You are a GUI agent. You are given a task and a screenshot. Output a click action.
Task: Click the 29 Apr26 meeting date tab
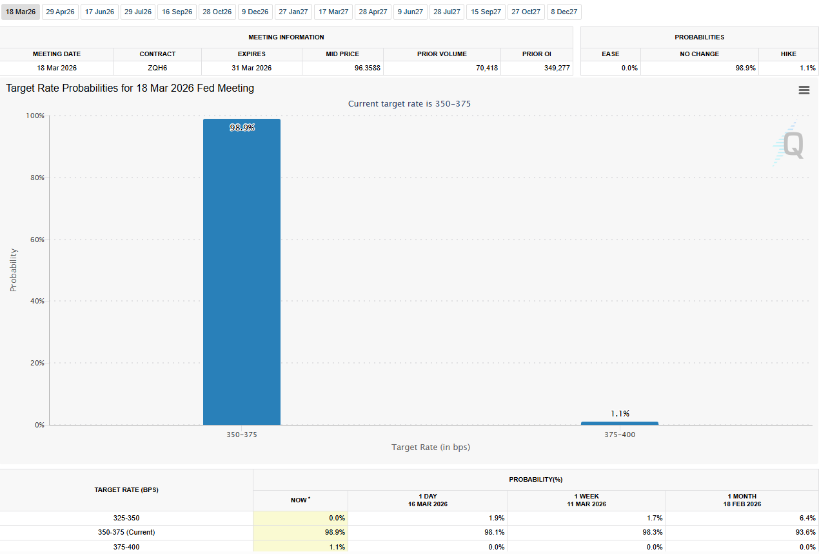[60, 12]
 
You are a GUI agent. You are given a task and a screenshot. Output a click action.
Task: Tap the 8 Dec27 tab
[564, 12]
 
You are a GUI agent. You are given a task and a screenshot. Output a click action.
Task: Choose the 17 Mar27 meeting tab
[333, 12]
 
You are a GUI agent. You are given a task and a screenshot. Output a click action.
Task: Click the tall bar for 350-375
[242, 271]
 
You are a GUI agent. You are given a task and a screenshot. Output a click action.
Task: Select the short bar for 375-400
[619, 423]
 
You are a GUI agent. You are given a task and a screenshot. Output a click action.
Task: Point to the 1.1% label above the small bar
[620, 413]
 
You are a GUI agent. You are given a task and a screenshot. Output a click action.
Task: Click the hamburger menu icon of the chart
[804, 90]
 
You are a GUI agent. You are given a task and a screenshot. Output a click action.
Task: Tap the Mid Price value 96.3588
[367, 68]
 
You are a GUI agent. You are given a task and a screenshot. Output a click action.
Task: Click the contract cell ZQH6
[157, 68]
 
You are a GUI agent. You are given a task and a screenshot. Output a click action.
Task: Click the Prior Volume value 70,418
[487, 68]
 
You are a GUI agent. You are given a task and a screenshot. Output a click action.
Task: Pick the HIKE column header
[788, 54]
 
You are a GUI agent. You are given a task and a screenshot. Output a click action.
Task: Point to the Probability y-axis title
[14, 270]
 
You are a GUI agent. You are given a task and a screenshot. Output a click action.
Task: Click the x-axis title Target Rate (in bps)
[430, 447]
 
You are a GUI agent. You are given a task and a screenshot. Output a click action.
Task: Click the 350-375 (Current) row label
[126, 533]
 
